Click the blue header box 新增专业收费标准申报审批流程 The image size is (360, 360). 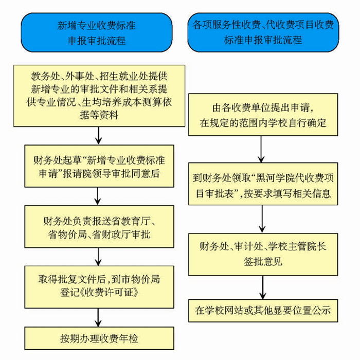click(98, 32)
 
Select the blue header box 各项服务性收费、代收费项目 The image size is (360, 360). click(263, 31)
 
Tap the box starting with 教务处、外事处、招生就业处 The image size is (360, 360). click(98, 95)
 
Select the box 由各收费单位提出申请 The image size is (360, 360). click(263, 116)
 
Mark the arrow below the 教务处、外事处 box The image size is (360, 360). click(98, 135)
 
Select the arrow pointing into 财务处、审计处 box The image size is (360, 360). click(263, 221)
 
